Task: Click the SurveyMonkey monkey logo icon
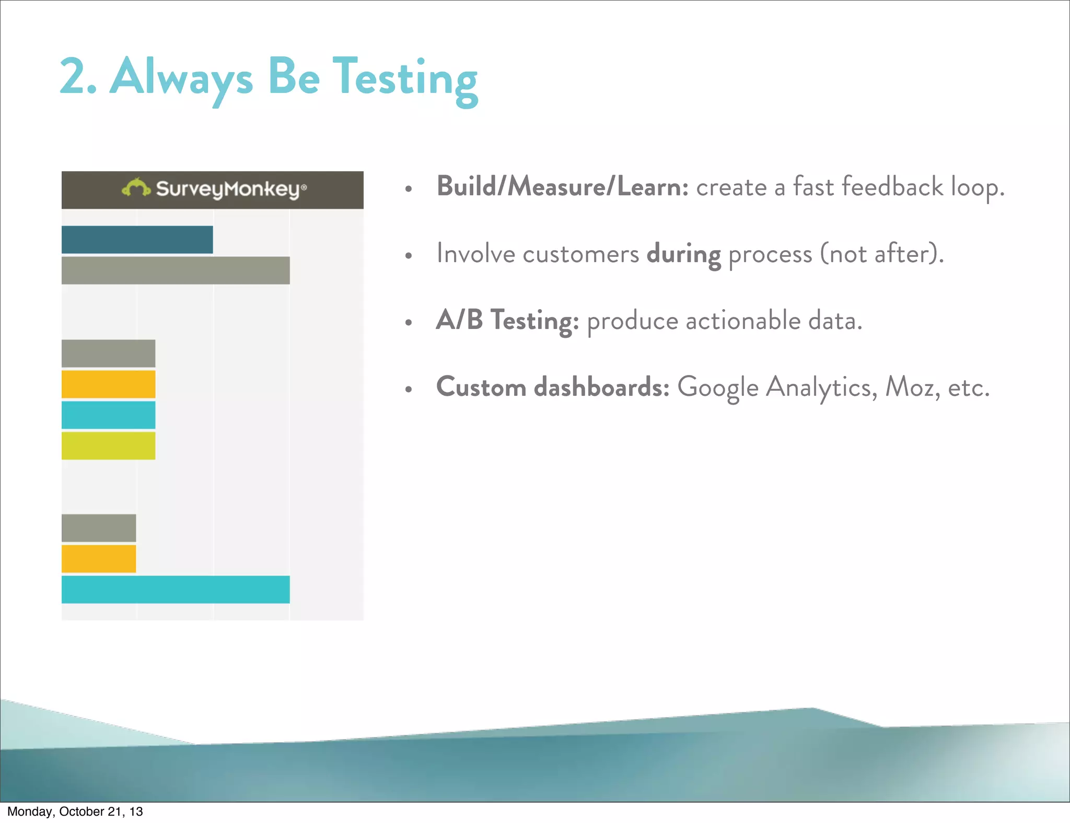pos(135,187)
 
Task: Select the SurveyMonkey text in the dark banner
pos(228,189)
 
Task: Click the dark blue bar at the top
pos(137,240)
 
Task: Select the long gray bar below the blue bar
pos(176,271)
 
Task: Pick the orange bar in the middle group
pos(108,384)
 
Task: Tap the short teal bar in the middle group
pos(108,415)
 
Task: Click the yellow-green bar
pos(108,445)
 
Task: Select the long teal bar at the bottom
pos(176,590)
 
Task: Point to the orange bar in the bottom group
pos(99,559)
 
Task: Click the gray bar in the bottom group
pos(99,528)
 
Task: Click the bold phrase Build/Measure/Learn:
pos(562,186)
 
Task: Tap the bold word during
pos(683,254)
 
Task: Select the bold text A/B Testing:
pos(507,320)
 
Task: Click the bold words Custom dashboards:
pos(552,387)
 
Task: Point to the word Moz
pos(908,387)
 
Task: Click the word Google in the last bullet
pos(717,388)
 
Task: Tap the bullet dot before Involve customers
pos(409,255)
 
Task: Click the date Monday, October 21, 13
pos(75,812)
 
